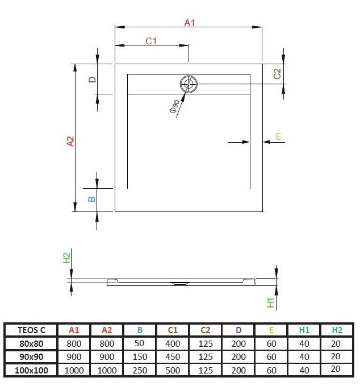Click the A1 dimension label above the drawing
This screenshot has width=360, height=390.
[x=190, y=23]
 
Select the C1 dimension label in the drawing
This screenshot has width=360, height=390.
[x=151, y=41]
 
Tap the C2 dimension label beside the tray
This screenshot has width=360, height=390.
[x=277, y=73]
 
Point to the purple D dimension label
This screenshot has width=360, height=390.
[x=92, y=80]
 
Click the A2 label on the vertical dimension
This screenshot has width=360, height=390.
[x=70, y=141]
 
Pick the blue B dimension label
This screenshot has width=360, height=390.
[x=91, y=199]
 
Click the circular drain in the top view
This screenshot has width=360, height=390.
[x=189, y=85]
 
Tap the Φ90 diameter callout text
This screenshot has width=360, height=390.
[x=174, y=107]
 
